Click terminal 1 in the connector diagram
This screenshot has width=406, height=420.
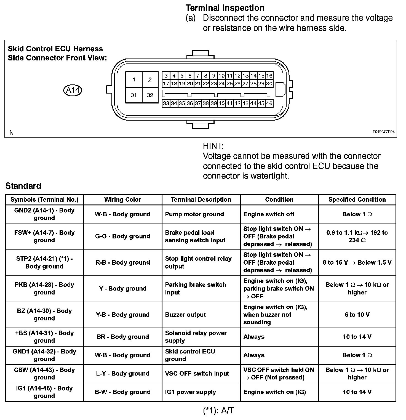(x=134, y=80)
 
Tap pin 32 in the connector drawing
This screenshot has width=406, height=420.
(x=150, y=95)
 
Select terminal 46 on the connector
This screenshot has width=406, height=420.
(x=269, y=103)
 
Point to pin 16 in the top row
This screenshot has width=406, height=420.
(x=269, y=75)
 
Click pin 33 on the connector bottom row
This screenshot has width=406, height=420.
(x=166, y=103)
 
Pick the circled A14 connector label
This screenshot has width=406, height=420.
(x=73, y=90)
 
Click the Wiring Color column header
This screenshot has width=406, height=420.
(x=123, y=200)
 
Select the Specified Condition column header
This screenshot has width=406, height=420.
(x=357, y=200)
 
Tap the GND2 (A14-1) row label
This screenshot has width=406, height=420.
(x=44, y=214)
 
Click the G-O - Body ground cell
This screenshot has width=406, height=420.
(x=123, y=236)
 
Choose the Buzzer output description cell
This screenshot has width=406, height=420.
(x=185, y=315)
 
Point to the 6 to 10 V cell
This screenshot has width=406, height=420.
(x=357, y=315)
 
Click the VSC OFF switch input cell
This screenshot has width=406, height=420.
(x=197, y=374)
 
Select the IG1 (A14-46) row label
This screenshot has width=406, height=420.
(x=44, y=392)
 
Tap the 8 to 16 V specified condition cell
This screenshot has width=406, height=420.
(x=357, y=262)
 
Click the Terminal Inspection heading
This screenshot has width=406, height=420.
(x=225, y=8)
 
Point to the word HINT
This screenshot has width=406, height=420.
(x=213, y=146)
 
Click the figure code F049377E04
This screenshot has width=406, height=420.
(x=383, y=132)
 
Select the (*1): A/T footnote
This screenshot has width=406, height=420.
(x=218, y=411)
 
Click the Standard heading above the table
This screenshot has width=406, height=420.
(x=23, y=186)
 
